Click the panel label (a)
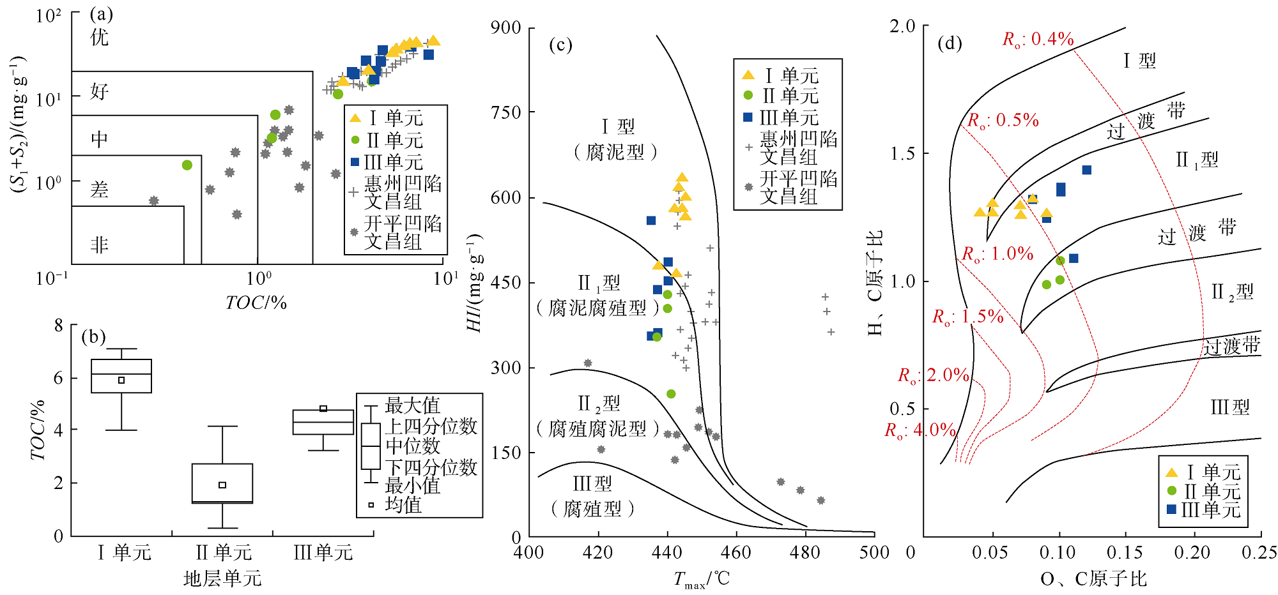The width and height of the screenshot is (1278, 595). click(101, 14)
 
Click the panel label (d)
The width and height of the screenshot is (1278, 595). click(950, 43)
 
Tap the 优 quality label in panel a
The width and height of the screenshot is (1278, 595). click(100, 37)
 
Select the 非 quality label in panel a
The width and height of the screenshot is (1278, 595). click(100, 245)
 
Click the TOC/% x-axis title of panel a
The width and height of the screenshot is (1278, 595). click(256, 303)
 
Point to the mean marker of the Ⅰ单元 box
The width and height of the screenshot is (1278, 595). click(121, 380)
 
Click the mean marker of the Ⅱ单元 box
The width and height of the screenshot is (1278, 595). click(222, 485)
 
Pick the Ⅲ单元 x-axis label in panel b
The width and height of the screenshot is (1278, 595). click(323, 552)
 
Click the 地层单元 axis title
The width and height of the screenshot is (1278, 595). click(222, 578)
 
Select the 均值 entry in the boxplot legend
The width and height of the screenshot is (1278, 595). click(403, 505)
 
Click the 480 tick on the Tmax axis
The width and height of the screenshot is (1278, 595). click(805, 552)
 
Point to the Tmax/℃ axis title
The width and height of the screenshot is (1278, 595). click(701, 579)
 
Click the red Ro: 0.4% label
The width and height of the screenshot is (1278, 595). click(1038, 40)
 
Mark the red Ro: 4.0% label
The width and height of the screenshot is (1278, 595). click(920, 430)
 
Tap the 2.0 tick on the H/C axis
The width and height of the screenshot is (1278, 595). click(903, 26)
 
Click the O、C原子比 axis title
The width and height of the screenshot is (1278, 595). click(1093, 579)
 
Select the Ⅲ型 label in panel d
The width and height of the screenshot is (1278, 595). click(1229, 407)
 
